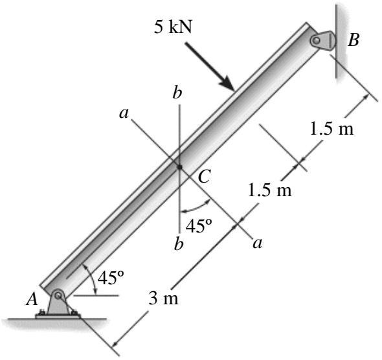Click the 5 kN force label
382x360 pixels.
(x=173, y=27)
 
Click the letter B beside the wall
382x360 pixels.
(x=354, y=39)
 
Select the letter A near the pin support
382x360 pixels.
(x=32, y=299)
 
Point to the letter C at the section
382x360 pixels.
(x=204, y=176)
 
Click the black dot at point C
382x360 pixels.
(x=179, y=167)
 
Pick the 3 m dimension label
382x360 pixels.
(x=163, y=298)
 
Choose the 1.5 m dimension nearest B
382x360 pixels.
(x=331, y=129)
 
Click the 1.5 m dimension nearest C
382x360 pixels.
(x=270, y=190)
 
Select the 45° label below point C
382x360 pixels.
(x=199, y=226)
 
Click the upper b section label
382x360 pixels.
(x=177, y=93)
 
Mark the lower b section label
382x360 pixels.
(x=179, y=244)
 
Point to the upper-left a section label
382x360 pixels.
(x=124, y=113)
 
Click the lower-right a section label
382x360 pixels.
(x=258, y=243)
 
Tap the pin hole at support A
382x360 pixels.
(x=58, y=295)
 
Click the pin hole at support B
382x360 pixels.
(x=316, y=40)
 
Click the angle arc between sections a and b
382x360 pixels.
(x=196, y=208)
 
